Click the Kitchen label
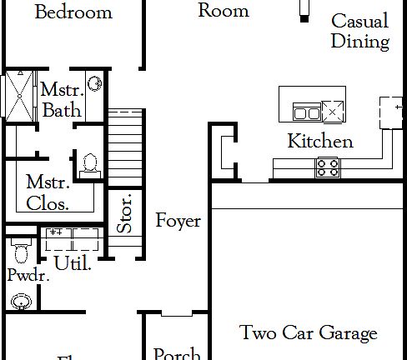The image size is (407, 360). point(319,141)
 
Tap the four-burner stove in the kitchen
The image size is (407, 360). point(327,167)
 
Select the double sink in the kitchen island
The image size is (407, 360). point(305,112)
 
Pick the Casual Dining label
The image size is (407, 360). point(359,31)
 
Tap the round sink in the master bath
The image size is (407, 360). point(95,82)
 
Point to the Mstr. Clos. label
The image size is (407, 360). point(47,191)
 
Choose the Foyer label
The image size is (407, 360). point(178,221)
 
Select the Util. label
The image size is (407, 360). point(73,263)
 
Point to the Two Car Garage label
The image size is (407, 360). point(309,333)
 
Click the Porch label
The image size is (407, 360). point(176,354)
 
